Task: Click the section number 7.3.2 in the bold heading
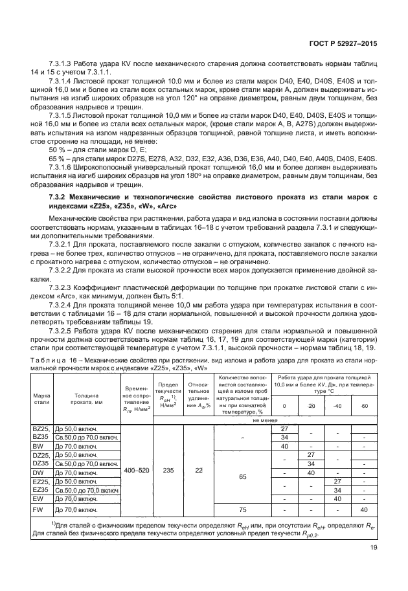[x=60, y=195]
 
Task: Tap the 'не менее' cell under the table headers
[x=266, y=419]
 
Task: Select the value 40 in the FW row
[x=365, y=509]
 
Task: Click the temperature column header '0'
[x=284, y=406]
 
